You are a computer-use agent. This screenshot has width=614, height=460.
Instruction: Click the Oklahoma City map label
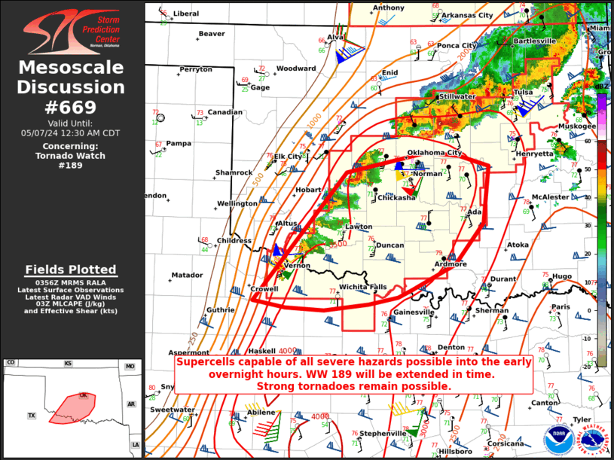tap(434, 153)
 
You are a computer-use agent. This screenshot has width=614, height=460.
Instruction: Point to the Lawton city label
tap(359, 227)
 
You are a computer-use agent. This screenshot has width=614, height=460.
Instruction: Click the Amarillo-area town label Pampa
tap(179, 143)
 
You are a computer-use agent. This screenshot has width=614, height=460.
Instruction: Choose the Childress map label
tap(234, 241)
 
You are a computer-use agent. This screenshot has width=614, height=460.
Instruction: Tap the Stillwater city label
tap(457, 97)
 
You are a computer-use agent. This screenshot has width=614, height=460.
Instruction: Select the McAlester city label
tap(550, 197)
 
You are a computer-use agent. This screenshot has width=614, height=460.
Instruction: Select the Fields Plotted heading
tap(71, 270)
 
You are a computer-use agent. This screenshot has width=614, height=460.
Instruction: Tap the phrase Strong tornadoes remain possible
tap(354, 386)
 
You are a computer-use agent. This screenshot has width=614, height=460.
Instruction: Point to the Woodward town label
tap(295, 69)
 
